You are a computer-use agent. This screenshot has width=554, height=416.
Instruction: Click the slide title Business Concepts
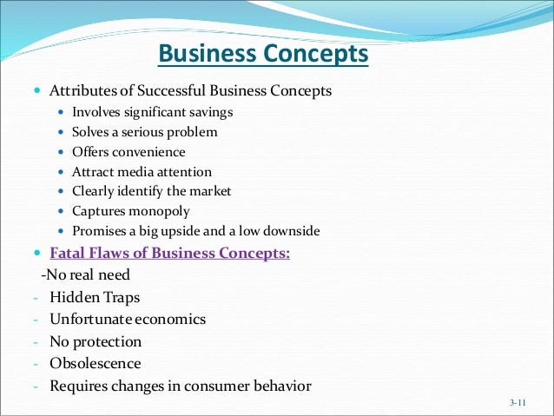263,56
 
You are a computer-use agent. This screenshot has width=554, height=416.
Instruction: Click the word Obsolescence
96,364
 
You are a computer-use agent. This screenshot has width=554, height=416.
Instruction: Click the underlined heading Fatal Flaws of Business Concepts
170,254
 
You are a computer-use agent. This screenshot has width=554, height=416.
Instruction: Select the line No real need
87,275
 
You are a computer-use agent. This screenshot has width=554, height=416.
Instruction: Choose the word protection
108,342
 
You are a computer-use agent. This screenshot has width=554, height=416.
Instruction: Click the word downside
291,232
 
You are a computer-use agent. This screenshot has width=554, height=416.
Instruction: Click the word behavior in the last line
275,386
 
